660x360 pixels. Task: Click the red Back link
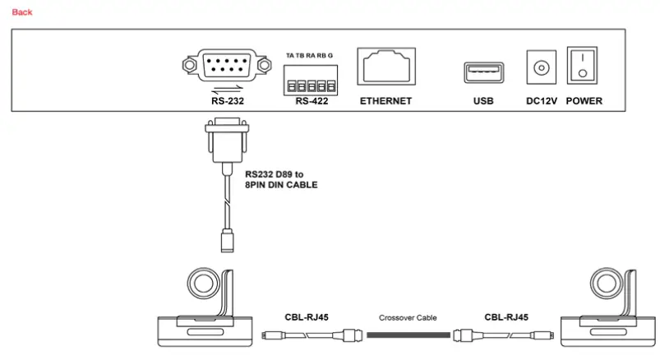pos(22,12)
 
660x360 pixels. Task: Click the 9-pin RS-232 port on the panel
pos(225,64)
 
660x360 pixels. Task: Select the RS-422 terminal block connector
pos(309,76)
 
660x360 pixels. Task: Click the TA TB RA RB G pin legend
pos(309,55)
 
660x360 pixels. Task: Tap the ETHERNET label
pos(385,101)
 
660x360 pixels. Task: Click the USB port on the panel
pos(482,72)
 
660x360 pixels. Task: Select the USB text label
pos(482,101)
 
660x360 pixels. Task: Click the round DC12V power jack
pos(540,67)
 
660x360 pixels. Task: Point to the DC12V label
pos(541,101)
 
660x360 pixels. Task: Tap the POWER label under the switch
pos(584,101)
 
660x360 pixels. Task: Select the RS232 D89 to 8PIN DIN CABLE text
pos(281,179)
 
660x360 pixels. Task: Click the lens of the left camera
pos(201,284)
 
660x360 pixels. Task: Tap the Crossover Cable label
pos(408,317)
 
